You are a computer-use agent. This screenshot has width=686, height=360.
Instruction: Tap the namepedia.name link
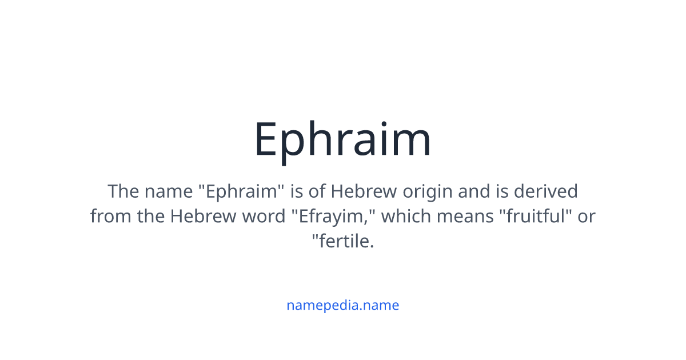342,305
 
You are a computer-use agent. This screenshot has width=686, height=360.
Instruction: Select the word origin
427,193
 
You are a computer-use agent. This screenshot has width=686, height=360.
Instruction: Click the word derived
546,191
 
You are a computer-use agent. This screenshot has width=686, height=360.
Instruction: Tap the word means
465,217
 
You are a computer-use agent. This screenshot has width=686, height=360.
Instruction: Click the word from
110,215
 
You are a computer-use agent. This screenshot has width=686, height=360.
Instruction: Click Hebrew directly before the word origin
364,191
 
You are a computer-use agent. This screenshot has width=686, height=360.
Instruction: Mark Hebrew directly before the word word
203,215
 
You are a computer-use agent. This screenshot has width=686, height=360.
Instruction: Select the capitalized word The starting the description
123,191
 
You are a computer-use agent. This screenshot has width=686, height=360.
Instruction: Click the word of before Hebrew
317,191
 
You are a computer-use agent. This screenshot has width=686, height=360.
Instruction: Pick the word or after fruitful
587,217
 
